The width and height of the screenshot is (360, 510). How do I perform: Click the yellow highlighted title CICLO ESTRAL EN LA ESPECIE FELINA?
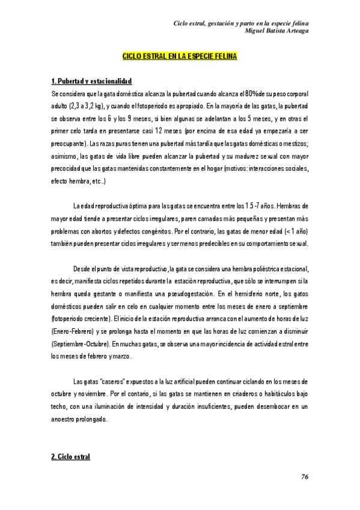pyautogui.click(x=180, y=56)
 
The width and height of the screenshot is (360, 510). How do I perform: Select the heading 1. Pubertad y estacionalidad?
pyautogui.click(x=91, y=81)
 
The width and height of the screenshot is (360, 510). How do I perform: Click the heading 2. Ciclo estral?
pyautogui.click(x=70, y=457)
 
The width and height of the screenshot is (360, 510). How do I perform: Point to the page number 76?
pyautogui.click(x=305, y=477)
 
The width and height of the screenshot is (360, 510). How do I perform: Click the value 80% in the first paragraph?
pyautogui.click(x=248, y=94)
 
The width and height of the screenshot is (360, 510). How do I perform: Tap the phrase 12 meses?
pyautogui.click(x=168, y=132)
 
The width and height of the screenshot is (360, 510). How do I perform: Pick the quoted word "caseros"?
pyautogui.click(x=109, y=381)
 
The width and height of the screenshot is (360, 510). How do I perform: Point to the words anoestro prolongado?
pyautogui.click(x=79, y=419)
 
